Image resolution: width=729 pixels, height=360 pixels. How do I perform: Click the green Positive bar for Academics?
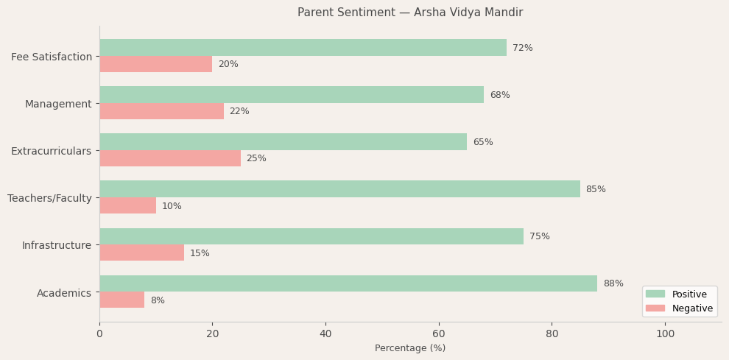click(x=348, y=283)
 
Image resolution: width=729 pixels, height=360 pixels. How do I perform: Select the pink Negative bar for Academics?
click(x=122, y=300)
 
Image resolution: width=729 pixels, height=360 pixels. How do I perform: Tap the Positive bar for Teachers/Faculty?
click(x=339, y=189)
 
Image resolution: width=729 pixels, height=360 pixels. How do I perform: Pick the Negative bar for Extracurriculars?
click(x=170, y=158)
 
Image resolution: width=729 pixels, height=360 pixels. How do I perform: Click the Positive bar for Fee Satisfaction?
click(x=303, y=48)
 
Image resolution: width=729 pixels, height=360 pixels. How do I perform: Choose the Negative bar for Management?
click(x=161, y=111)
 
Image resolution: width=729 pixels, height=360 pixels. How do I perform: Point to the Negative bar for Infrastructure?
click(x=141, y=253)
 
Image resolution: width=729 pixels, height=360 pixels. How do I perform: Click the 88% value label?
click(x=613, y=283)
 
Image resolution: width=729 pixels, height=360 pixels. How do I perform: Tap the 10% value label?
click(x=172, y=206)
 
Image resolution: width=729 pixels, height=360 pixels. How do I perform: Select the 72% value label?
click(x=523, y=48)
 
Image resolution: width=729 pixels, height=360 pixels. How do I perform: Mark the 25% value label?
click(x=256, y=158)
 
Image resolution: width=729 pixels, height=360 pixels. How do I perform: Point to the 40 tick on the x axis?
click(x=325, y=333)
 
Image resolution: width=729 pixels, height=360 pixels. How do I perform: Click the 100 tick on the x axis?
click(x=665, y=333)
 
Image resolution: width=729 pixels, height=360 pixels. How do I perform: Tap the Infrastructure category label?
click(x=57, y=245)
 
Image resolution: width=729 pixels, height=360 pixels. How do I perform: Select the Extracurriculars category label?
click(x=52, y=151)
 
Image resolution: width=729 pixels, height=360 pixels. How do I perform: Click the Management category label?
click(x=58, y=104)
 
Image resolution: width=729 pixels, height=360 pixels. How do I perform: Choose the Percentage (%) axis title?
click(x=410, y=348)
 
